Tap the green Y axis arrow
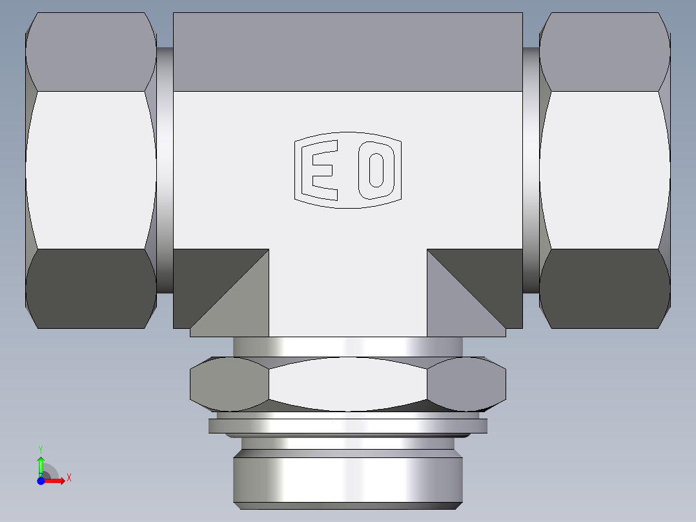pyautogui.click(x=41, y=464)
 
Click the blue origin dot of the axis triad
pyautogui.click(x=41, y=481)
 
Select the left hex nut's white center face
pyautogui.click(x=90, y=170)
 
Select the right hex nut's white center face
pyautogui.click(x=604, y=170)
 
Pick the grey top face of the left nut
pyautogui.click(x=90, y=52)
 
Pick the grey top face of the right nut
pyautogui.click(x=604, y=52)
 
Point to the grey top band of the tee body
pyautogui.click(x=347, y=52)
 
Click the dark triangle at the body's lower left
pyautogui.click(x=207, y=278)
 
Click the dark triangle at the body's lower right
pyautogui.click(x=491, y=278)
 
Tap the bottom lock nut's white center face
pyautogui.click(x=347, y=384)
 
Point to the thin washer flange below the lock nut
pyautogui.click(x=347, y=426)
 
